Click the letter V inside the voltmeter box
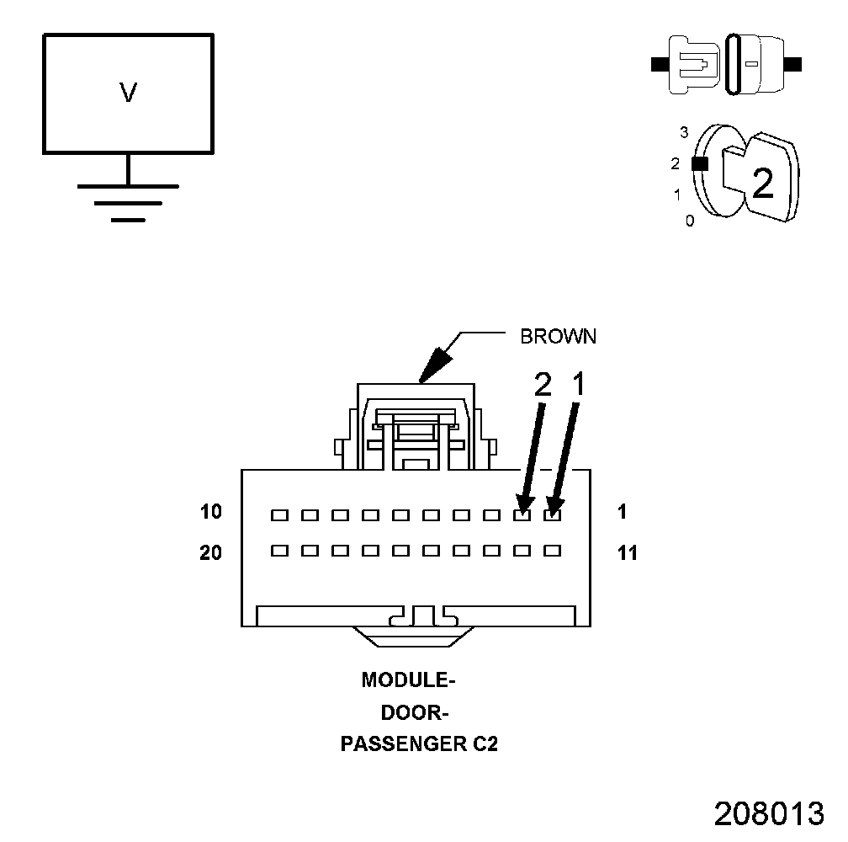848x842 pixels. tap(128, 93)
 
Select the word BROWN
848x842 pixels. tap(558, 337)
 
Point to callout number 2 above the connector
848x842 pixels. tap(543, 386)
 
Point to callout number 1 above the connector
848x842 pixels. tap(578, 386)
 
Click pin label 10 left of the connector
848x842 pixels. tap(211, 512)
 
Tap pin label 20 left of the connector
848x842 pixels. tap(211, 553)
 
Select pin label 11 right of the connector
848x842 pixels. tap(627, 553)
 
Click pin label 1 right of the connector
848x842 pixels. tap(622, 512)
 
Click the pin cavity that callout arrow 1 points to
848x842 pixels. tap(552, 514)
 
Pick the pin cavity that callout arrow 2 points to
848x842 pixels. tap(522, 514)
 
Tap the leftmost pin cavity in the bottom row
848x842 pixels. tap(279, 551)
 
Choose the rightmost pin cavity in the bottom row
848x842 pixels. tap(552, 551)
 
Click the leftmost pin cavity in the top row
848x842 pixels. tap(279, 514)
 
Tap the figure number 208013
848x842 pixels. tap(769, 813)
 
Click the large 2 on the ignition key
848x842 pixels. tap(762, 184)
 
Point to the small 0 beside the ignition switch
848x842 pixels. tap(690, 222)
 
